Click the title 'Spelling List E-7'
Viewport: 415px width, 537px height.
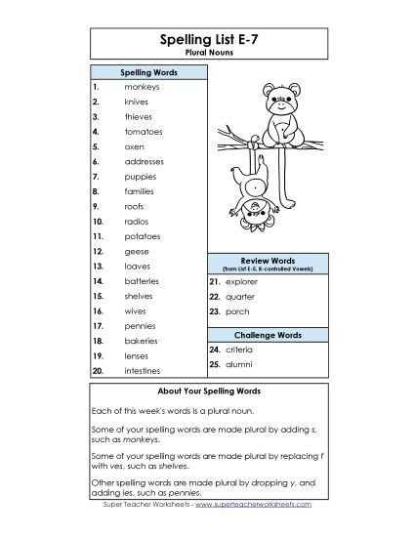point(207,41)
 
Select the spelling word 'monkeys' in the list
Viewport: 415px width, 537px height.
point(142,86)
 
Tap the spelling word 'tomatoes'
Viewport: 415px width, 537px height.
point(144,131)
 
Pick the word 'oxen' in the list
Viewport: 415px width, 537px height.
point(135,145)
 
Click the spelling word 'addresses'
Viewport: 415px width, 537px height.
point(145,161)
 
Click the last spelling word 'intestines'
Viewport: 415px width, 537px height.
point(145,371)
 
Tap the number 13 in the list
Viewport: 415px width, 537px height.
point(98,266)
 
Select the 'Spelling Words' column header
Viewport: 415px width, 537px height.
point(148,72)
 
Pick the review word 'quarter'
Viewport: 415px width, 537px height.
point(240,296)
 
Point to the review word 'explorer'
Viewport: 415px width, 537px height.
point(242,280)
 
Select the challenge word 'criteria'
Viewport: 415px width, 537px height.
point(240,349)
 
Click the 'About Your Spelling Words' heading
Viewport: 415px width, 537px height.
point(207,390)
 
